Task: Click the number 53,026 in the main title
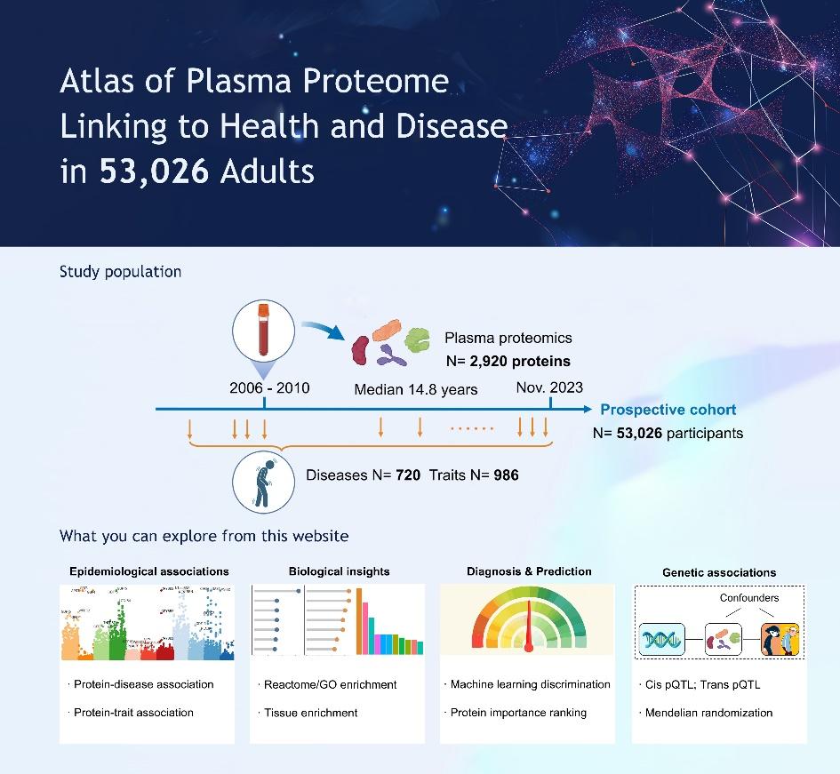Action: pos(154,171)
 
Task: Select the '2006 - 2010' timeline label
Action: pos(269,387)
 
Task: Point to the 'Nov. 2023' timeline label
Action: pos(549,387)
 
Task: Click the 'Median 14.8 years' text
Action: pos(416,389)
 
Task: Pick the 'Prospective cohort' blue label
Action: pos(668,410)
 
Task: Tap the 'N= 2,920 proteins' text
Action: pos(508,361)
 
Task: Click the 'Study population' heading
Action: pos(120,272)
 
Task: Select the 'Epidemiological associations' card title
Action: pos(149,571)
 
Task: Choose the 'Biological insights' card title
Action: pos(339,571)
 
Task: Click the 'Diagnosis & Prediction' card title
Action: pos(529,571)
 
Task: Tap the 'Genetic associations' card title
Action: pos(719,573)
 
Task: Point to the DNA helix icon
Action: pos(660,638)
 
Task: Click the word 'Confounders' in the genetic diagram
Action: pos(748,598)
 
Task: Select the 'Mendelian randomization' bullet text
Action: pos(708,713)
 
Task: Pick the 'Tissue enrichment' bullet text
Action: pos(311,713)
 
